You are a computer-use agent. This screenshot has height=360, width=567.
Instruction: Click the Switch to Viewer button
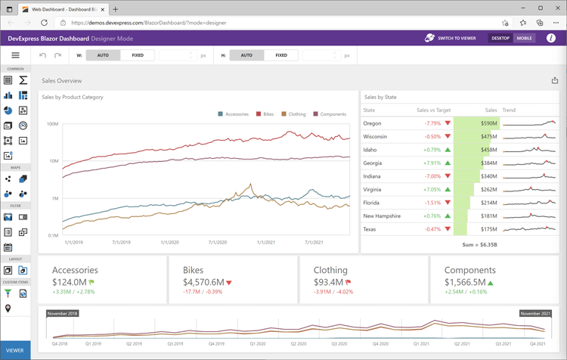[451, 38]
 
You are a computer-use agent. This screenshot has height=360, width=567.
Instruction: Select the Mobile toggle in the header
[524, 38]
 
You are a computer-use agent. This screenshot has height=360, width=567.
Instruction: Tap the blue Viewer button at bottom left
[15, 350]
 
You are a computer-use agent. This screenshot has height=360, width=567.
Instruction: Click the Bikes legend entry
[265, 114]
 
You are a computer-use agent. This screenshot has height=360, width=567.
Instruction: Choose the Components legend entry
[330, 114]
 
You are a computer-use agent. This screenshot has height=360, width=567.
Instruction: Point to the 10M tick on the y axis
[53, 161]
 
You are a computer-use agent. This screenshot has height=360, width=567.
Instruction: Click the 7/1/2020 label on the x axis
[218, 243]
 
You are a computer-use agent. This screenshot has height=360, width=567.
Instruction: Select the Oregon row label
[372, 123]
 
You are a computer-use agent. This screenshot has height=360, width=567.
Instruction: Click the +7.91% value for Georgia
[432, 163]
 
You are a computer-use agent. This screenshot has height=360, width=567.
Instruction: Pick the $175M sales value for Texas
[489, 229]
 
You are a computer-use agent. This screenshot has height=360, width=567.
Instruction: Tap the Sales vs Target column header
[433, 110]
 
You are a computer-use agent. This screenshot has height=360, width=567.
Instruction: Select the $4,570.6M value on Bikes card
[203, 282]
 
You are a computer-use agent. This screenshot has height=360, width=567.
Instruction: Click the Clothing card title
[330, 270]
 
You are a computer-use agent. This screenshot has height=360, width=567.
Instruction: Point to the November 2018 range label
[62, 313]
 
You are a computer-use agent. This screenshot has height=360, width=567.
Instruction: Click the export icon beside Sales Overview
[554, 80]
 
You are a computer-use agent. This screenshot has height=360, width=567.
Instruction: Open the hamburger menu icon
[15, 55]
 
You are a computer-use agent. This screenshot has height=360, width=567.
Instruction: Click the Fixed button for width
[138, 55]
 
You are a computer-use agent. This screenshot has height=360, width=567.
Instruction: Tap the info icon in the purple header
[551, 38]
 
